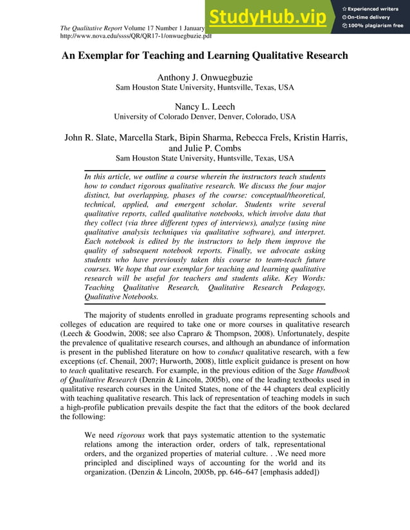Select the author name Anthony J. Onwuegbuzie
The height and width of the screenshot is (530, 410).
point(204,78)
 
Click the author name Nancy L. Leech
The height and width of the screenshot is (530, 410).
point(204,107)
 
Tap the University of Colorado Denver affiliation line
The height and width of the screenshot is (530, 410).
point(204,117)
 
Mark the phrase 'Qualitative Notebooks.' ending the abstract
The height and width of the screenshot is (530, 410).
point(121,297)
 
